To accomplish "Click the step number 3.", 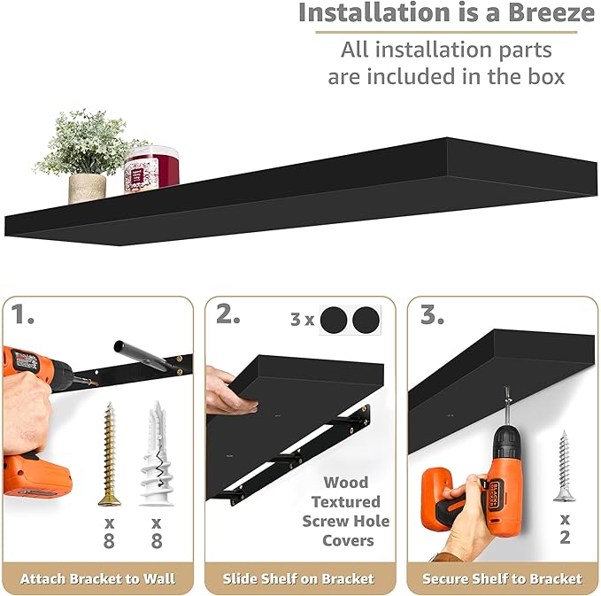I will tap(430, 314).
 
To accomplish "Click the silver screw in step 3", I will tap(563, 465).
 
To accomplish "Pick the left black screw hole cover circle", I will tap(334, 320).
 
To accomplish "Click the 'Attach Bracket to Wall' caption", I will tap(96, 579).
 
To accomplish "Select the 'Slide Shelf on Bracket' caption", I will tap(301, 579).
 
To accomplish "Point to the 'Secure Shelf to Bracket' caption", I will tap(502, 579).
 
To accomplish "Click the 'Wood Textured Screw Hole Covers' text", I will tap(345, 511).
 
